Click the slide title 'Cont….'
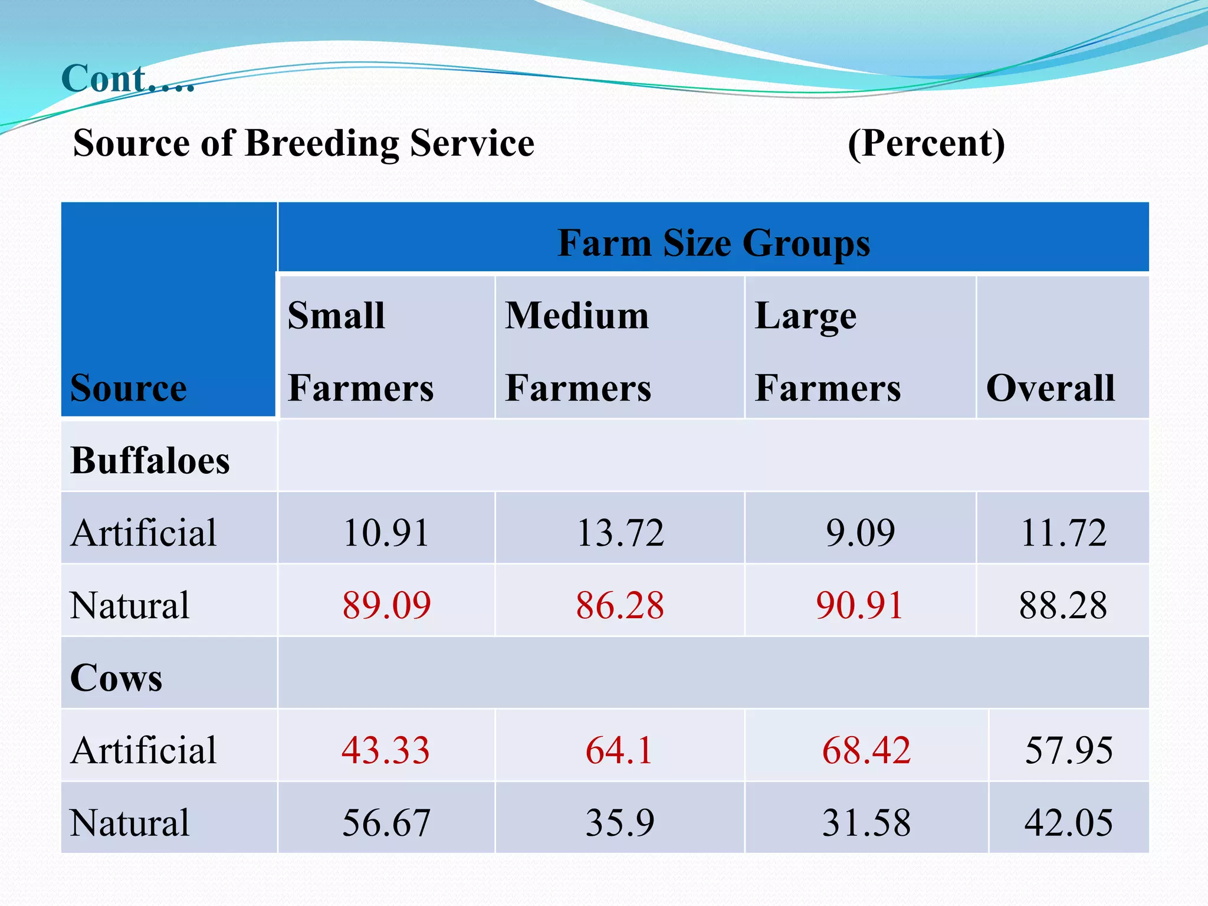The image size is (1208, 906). tap(127, 78)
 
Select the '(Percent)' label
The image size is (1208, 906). tap(926, 143)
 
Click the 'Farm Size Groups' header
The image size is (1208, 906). tap(713, 243)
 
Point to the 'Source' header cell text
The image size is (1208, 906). tap(128, 388)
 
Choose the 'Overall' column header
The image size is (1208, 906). tap(1051, 388)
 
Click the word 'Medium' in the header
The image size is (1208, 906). tap(577, 316)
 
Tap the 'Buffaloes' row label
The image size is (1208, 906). tap(150, 461)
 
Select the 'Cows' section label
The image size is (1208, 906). tap(116, 678)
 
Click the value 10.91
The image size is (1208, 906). tap(386, 533)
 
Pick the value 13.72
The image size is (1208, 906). tap(620, 533)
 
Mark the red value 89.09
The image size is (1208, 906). tap(386, 605)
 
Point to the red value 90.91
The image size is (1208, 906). tap(859, 605)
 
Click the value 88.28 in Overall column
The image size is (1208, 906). tap(1063, 605)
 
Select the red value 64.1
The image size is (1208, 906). tap(619, 750)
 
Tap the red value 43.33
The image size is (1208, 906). tap(386, 750)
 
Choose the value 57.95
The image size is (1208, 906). tap(1068, 750)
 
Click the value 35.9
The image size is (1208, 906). tap(619, 823)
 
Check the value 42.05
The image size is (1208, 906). tap(1068, 823)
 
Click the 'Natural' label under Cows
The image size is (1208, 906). tap(130, 823)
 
